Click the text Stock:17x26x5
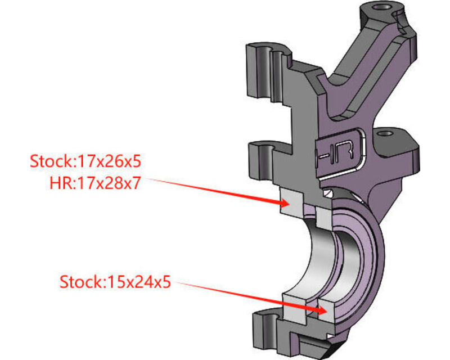point(85,161)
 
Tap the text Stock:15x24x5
point(115,281)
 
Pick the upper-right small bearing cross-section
point(323,217)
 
